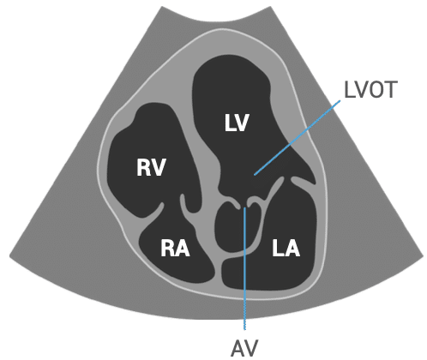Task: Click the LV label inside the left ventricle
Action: [x=237, y=123]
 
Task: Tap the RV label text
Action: [x=151, y=167]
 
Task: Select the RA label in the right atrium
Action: [x=175, y=248]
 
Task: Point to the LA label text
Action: [x=286, y=248]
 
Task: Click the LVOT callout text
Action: [x=370, y=89]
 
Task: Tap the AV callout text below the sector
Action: [x=244, y=348]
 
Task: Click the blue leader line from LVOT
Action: [x=298, y=137]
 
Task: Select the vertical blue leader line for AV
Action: [x=244, y=268]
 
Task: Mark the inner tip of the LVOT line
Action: [x=255, y=174]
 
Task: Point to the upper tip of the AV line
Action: [x=244, y=207]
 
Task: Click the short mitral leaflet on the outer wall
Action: [x=303, y=183]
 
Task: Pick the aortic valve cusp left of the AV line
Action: [x=234, y=205]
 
